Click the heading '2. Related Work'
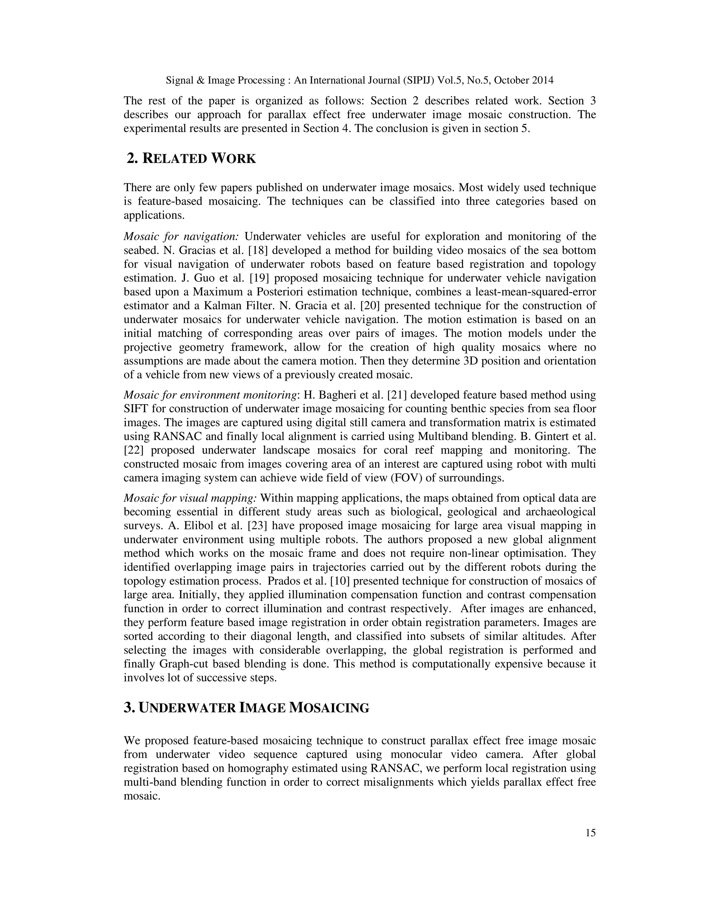tap(192, 158)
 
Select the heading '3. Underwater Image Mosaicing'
tap(246, 708)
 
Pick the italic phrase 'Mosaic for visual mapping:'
tap(190, 498)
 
